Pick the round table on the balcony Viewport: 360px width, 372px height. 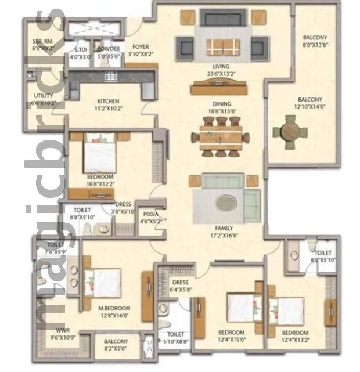[x=289, y=131]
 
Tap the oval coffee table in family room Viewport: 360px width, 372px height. [x=225, y=203]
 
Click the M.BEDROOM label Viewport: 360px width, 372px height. [x=114, y=308]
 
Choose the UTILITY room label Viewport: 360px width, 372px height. [x=44, y=96]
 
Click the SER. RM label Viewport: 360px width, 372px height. [x=43, y=42]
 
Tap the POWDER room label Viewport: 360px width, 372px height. [x=109, y=49]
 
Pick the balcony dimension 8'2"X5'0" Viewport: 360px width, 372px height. [x=116, y=350]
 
